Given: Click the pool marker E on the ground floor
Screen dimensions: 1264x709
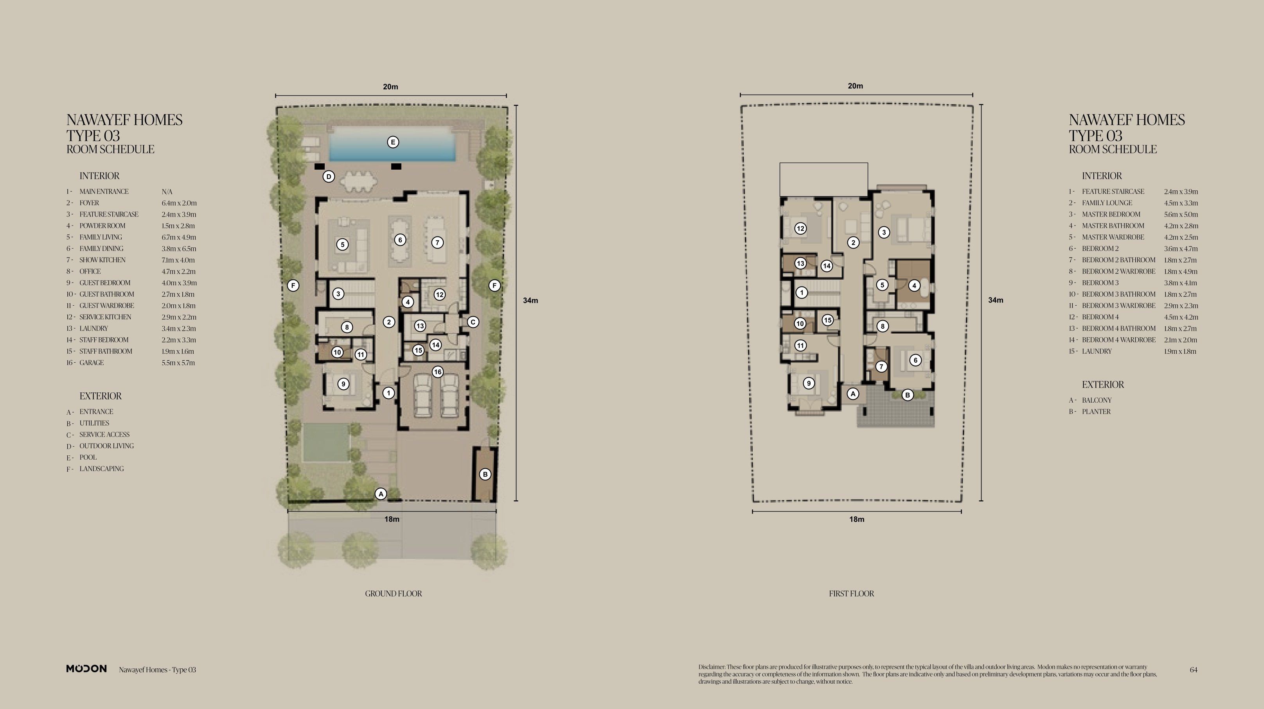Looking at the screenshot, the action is [x=392, y=142].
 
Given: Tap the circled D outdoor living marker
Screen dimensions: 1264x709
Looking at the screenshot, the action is [x=329, y=177].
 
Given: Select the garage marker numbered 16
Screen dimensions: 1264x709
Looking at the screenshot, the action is [x=438, y=372].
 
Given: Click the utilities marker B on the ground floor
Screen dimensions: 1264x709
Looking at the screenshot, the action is [x=485, y=474].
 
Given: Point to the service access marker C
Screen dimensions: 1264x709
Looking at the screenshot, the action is [x=473, y=322].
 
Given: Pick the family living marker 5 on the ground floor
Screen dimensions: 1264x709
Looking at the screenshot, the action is [x=342, y=244].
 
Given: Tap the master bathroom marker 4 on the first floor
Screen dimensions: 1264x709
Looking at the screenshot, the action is [x=914, y=285].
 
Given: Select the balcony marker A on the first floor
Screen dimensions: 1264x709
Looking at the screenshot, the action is [x=853, y=394].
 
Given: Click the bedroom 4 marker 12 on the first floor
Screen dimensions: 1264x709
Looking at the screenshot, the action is [x=800, y=229].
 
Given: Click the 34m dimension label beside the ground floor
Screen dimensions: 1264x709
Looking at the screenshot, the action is [x=530, y=301].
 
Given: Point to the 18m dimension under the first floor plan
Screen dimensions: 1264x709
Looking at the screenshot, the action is [x=857, y=519].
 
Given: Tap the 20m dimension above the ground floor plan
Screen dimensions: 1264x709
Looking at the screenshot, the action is [x=390, y=87].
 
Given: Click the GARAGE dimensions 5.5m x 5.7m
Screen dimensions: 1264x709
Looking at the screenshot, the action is [x=178, y=363].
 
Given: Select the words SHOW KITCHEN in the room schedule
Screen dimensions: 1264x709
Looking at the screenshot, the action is [x=102, y=260].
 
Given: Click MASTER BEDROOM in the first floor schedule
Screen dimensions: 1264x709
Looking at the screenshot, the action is [x=1111, y=214].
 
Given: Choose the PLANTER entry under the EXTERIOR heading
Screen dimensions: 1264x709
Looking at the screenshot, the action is [x=1096, y=412].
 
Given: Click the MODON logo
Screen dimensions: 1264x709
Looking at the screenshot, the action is [x=86, y=669].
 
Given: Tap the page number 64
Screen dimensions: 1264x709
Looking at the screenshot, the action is [x=1193, y=670].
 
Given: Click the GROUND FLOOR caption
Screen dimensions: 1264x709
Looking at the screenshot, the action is [x=394, y=593].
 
